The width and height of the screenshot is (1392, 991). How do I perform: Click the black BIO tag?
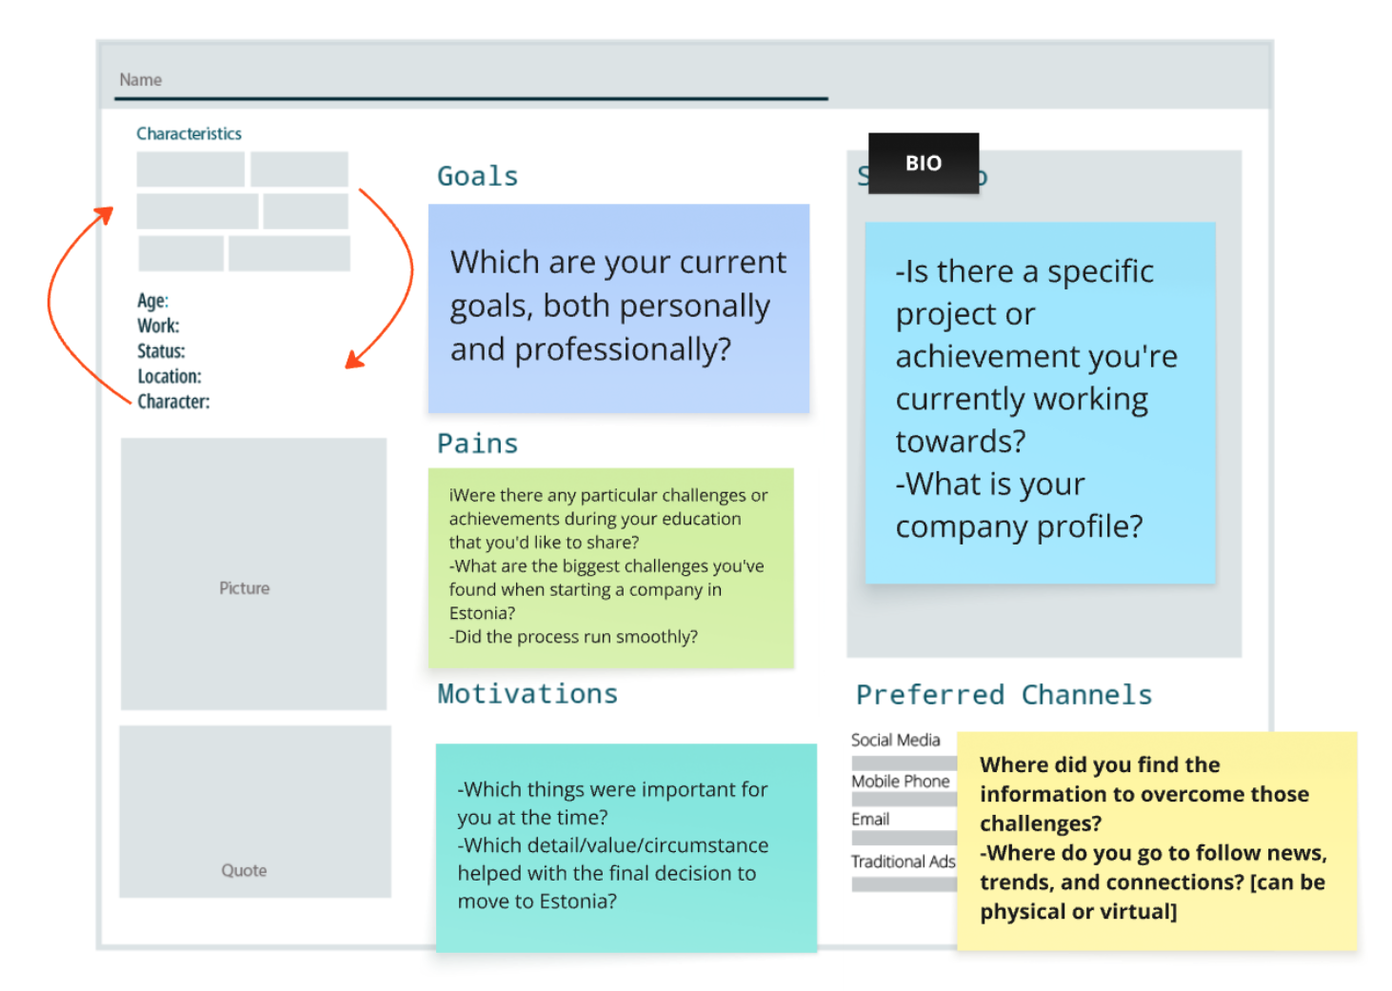point(924,163)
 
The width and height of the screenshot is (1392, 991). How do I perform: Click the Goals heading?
point(477,176)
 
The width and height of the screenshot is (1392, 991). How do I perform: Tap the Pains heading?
point(477,444)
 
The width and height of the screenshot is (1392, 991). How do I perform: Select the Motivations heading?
point(527,694)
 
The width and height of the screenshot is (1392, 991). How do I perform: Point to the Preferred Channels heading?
point(1004,695)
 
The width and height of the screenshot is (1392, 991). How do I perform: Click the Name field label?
point(141,80)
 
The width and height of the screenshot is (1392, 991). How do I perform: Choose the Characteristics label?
point(189,133)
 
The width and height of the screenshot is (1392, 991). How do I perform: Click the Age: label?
point(153,301)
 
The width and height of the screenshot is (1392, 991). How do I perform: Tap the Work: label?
point(158,326)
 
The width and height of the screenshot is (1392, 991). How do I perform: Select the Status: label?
point(161,351)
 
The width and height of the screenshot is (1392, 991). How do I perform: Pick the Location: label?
point(169,377)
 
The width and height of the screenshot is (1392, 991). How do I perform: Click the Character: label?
point(174,402)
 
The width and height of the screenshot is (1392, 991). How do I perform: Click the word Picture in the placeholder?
point(245,587)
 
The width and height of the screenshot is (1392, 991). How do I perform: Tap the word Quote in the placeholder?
point(245,870)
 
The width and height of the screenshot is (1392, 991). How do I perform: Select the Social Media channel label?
point(896,740)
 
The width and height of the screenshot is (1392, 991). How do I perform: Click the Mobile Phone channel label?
point(901,781)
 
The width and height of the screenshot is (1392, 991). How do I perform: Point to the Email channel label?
point(870,819)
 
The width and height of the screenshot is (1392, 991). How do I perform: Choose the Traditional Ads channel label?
point(903,862)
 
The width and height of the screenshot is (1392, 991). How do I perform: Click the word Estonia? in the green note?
point(482,613)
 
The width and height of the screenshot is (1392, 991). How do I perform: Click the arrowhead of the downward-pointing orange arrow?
point(354,360)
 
